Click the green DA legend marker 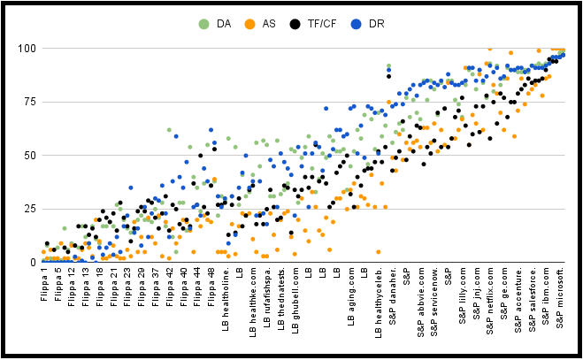205,24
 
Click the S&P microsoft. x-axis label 559,303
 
